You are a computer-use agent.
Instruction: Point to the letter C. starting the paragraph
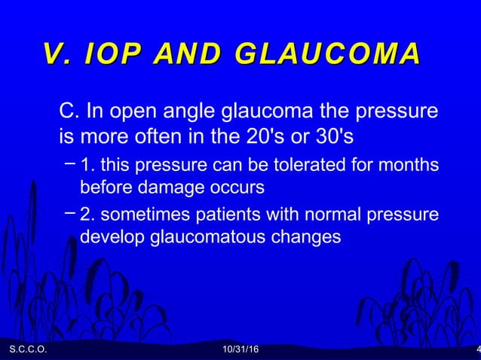pyautogui.click(x=69, y=113)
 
